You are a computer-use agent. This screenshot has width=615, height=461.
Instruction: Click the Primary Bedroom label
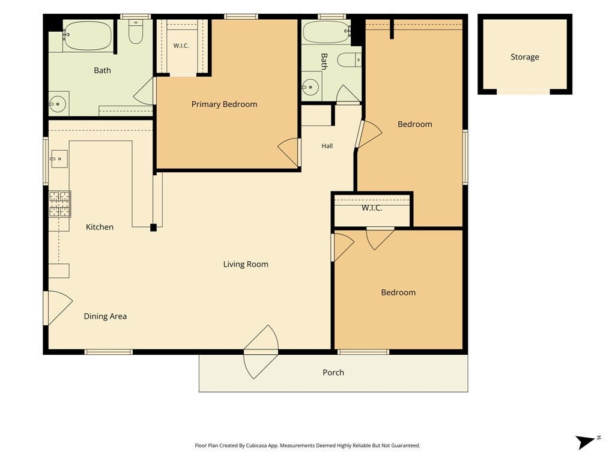pyautogui.click(x=224, y=104)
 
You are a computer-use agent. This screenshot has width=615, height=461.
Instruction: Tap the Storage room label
pyautogui.click(x=524, y=57)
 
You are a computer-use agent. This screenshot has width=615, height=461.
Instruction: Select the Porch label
pyautogui.click(x=333, y=372)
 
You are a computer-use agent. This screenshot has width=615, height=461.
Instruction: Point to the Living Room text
pyautogui.click(x=246, y=264)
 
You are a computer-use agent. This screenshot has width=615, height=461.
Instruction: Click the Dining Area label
pyautogui.click(x=105, y=316)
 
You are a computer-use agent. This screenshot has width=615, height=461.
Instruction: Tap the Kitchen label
pyautogui.click(x=100, y=227)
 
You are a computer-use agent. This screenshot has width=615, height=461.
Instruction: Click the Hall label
pyautogui.click(x=327, y=146)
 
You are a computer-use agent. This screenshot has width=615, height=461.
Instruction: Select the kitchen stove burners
pyautogui.click(x=59, y=204)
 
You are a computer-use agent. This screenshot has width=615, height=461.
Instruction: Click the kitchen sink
pyautogui.click(x=59, y=159)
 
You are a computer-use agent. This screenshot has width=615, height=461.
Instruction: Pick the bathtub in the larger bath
pyautogui.click(x=87, y=35)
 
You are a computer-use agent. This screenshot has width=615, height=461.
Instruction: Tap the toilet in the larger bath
pyautogui.click(x=136, y=31)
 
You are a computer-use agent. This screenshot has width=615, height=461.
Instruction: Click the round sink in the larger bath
pyautogui.click(x=58, y=104)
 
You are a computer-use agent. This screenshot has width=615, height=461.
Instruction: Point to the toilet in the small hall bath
pyautogui.click(x=349, y=60)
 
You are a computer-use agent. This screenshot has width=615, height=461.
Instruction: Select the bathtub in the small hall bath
pyautogui.click(x=326, y=32)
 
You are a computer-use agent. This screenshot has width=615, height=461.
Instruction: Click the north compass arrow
pyautogui.click(x=586, y=441)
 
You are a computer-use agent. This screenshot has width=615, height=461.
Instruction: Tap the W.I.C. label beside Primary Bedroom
pyautogui.click(x=181, y=46)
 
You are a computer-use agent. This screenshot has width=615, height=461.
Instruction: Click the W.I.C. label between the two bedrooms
pyautogui.click(x=372, y=208)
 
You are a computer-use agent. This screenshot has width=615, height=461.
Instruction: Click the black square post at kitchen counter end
pyautogui.click(x=153, y=227)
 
